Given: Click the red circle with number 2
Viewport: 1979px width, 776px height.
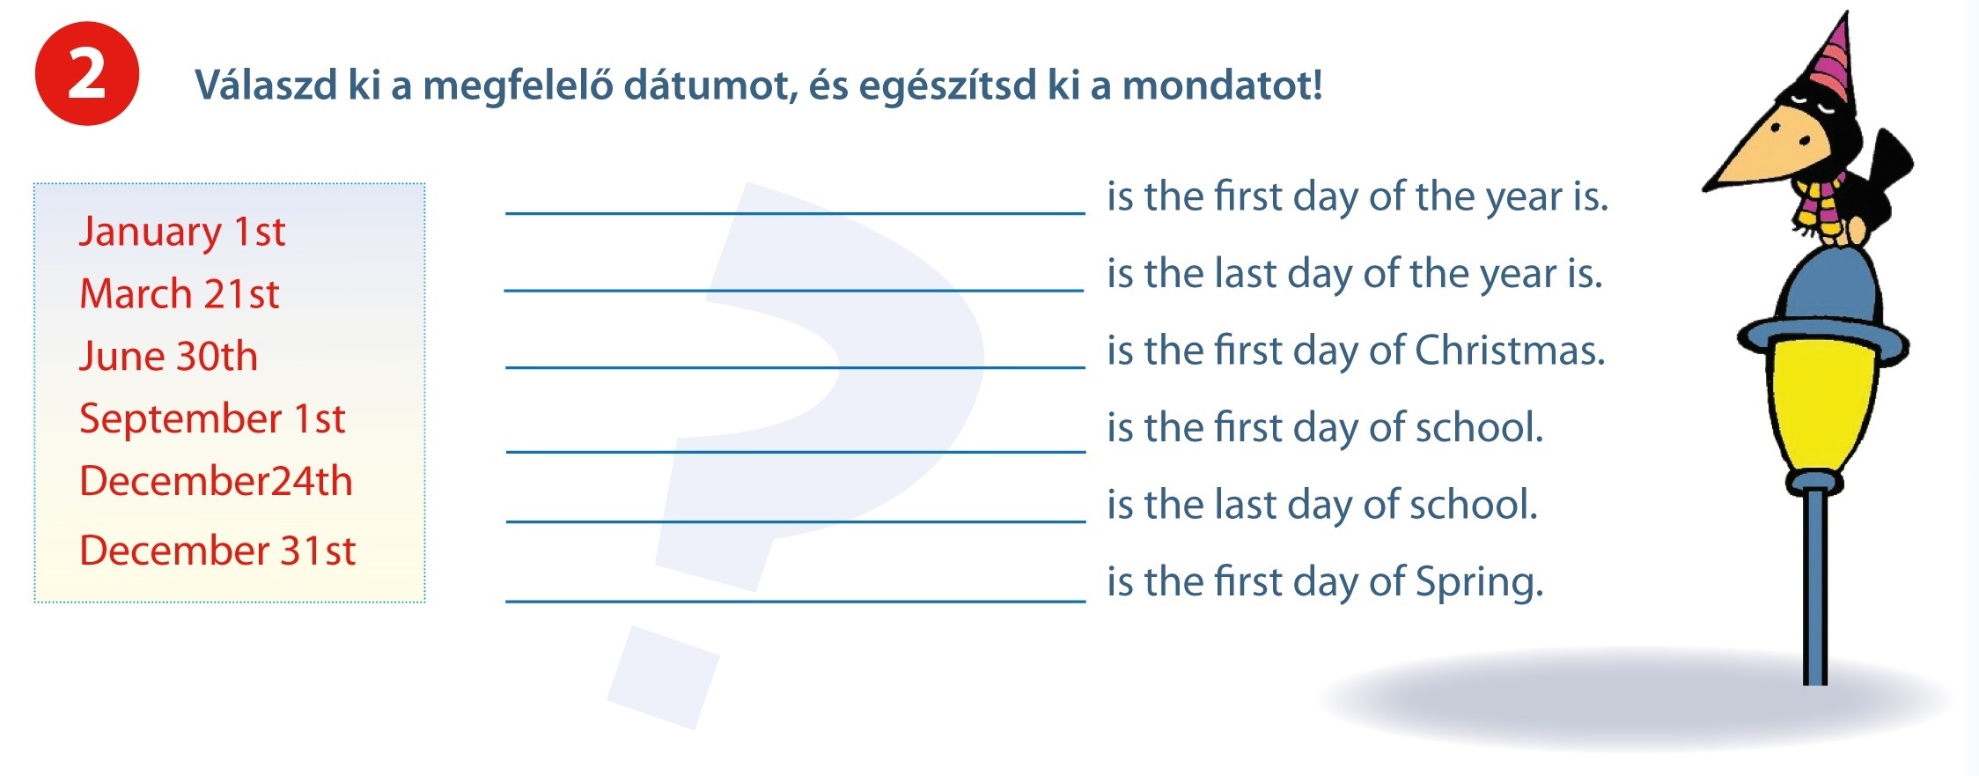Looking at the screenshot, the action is tap(87, 74).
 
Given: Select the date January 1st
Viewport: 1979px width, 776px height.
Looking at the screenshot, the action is tap(182, 232).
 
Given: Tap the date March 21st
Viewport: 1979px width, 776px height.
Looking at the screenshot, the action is tap(180, 293).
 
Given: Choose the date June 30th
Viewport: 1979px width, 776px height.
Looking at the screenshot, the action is tap(168, 356).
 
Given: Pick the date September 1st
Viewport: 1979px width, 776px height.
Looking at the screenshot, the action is tap(212, 419).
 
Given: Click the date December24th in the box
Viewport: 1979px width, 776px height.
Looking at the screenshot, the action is tap(216, 481).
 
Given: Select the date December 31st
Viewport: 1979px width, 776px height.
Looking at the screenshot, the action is tap(217, 551).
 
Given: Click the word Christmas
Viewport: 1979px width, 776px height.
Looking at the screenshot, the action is tap(1510, 350).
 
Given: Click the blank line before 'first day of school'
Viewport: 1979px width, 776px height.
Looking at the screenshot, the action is tap(796, 451).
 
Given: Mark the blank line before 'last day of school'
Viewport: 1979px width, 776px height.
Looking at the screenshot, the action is tap(796, 521).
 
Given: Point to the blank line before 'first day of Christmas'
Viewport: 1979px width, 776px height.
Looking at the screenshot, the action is tap(796, 366).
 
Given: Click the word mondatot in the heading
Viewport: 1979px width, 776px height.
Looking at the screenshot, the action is tap(1222, 85).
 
